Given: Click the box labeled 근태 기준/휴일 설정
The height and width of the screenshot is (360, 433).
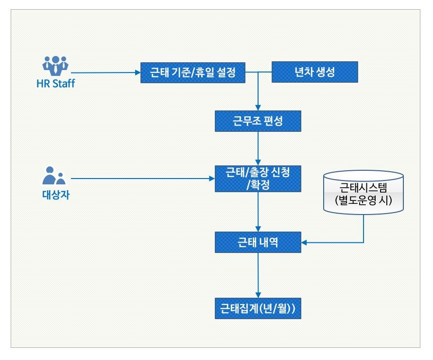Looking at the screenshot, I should pyautogui.click(x=192, y=73).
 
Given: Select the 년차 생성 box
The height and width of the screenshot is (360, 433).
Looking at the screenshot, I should pyautogui.click(x=314, y=73).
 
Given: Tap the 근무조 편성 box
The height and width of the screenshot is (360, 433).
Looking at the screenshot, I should pyautogui.click(x=258, y=121).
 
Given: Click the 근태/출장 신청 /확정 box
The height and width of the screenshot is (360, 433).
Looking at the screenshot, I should pyautogui.click(x=258, y=179).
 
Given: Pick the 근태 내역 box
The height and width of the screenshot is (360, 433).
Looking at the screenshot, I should pyautogui.click(x=258, y=242).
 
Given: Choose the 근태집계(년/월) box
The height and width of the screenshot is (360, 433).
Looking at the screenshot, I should pyautogui.click(x=258, y=308).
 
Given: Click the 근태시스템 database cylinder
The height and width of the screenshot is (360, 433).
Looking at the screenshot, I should pyautogui.click(x=364, y=193).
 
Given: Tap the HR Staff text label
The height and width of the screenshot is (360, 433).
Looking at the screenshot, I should pyautogui.click(x=56, y=83).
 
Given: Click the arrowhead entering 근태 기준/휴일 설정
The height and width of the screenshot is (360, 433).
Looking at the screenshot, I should pyautogui.click(x=138, y=73).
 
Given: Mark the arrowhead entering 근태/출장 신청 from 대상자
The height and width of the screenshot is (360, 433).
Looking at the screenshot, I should pyautogui.click(x=212, y=179).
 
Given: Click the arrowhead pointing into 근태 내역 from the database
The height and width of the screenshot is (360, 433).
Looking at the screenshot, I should pyautogui.click(x=304, y=242).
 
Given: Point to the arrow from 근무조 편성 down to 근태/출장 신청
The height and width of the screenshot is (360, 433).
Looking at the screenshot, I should pyautogui.click(x=258, y=148).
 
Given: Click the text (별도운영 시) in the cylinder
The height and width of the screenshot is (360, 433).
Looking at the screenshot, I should pyautogui.click(x=364, y=200).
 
